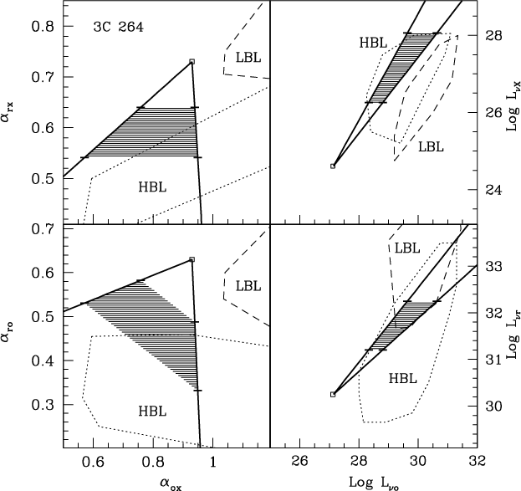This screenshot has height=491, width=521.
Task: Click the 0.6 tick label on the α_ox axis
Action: [x=92, y=462]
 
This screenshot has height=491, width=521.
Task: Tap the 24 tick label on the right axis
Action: [x=495, y=190]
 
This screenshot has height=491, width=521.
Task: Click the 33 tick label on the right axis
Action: [x=495, y=266]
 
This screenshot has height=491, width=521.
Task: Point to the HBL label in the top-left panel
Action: [x=153, y=188]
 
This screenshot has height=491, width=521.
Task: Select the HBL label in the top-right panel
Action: [x=374, y=42]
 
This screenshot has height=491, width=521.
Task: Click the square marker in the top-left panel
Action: [x=192, y=61]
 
